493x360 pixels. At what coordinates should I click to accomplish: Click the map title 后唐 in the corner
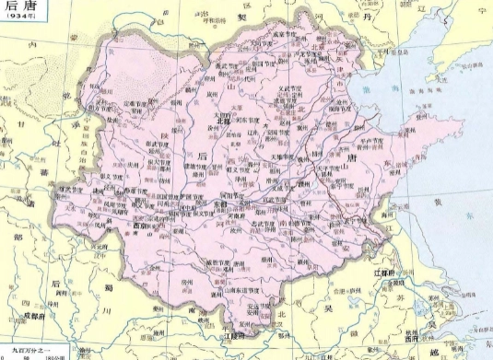click(x=19, y=8)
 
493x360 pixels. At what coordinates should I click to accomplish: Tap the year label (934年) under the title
click(x=19, y=22)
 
